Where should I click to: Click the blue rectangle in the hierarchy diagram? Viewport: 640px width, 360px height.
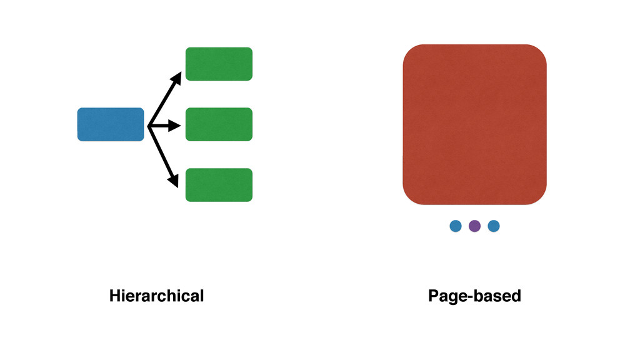click(x=111, y=124)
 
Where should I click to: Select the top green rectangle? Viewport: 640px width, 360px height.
click(x=219, y=64)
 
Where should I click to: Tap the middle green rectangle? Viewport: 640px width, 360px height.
click(x=219, y=124)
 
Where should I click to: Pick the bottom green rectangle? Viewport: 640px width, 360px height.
click(x=219, y=185)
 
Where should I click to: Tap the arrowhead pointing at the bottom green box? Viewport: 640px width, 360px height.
click(x=173, y=180)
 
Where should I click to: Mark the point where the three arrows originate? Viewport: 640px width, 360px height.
click(x=149, y=126)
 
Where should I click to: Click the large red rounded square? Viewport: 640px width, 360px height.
click(x=474, y=124)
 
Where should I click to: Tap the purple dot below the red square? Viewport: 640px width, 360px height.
click(x=474, y=226)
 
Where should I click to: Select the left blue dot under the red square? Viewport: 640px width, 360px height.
click(x=456, y=226)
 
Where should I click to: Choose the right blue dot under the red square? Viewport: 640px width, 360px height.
click(x=494, y=226)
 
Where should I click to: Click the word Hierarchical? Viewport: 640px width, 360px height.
click(x=156, y=296)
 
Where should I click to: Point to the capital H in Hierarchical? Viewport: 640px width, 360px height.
click(x=115, y=296)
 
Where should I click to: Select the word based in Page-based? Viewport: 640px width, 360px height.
click(x=497, y=296)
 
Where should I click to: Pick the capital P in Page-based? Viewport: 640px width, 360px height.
click(x=433, y=296)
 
